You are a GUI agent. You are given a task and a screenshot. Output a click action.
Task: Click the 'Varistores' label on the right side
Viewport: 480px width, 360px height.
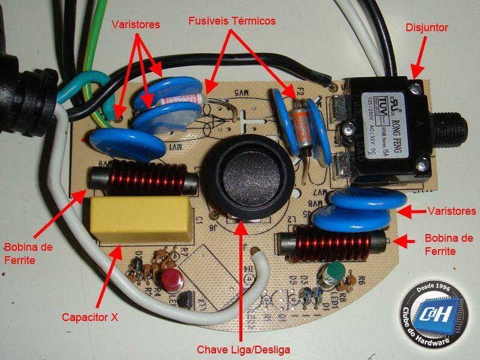[x=452, y=211]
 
